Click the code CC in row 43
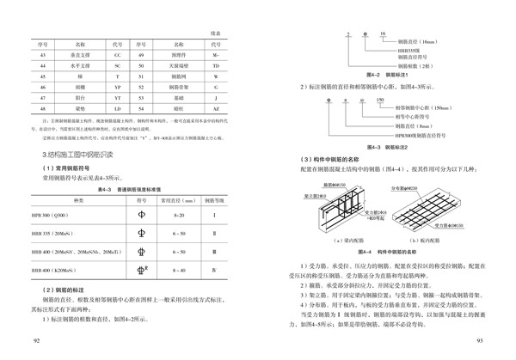point(116,53)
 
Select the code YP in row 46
point(116,87)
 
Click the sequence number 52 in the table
point(141,87)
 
